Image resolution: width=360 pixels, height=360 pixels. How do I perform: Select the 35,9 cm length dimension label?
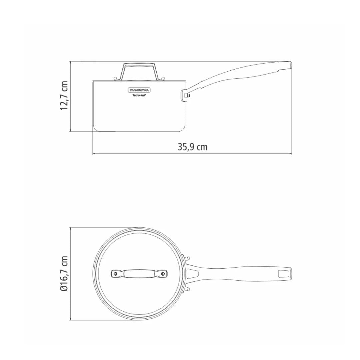(192, 147)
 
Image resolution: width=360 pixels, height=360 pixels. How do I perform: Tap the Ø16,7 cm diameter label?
(64, 274)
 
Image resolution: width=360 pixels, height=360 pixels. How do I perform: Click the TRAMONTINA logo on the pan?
(139, 90)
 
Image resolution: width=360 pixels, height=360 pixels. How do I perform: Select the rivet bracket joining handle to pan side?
(185, 95)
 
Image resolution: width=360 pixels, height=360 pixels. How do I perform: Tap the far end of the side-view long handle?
(289, 65)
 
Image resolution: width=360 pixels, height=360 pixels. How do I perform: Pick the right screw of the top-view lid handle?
(163, 274)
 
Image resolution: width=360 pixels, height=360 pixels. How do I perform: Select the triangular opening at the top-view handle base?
(193, 274)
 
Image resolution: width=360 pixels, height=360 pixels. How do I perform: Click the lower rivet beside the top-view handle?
(186, 289)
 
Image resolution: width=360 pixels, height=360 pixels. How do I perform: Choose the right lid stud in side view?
(163, 78)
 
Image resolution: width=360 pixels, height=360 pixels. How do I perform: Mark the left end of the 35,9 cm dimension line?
(93, 154)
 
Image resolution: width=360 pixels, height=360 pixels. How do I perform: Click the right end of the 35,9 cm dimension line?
(292, 154)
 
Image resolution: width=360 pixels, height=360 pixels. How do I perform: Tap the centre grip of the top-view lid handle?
(139, 274)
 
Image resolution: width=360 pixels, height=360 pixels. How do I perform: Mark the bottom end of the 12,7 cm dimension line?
(71, 131)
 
